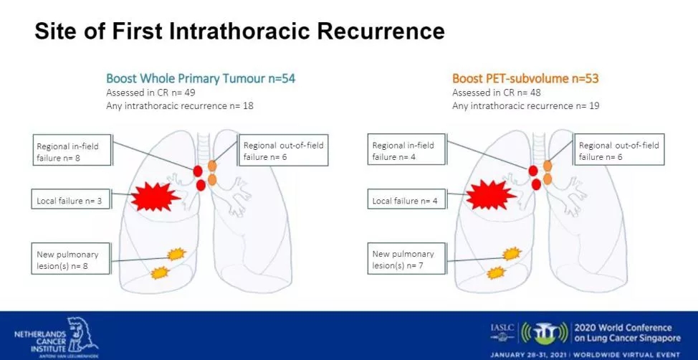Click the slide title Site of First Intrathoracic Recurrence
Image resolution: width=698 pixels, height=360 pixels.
pyautogui.click(x=239, y=32)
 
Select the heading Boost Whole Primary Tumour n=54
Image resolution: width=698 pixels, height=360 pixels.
pyautogui.click(x=180, y=78)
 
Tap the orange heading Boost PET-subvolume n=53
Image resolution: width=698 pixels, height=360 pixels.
pyautogui.click(x=525, y=78)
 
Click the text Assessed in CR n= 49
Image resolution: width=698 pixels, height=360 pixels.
pyautogui.click(x=151, y=93)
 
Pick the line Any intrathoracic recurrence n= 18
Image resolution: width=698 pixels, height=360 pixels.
pyautogui.click(x=180, y=106)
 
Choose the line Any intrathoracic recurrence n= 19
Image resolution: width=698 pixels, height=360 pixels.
pyautogui.click(x=525, y=106)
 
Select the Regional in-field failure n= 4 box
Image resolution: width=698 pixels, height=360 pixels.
pyautogui.click(x=406, y=151)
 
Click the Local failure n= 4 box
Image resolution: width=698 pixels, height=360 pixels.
pyautogui.click(x=406, y=202)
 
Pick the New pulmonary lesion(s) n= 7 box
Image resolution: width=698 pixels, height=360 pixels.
pyautogui.click(x=406, y=260)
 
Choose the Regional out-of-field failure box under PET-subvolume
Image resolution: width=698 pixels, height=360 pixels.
pyautogui.click(x=618, y=151)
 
